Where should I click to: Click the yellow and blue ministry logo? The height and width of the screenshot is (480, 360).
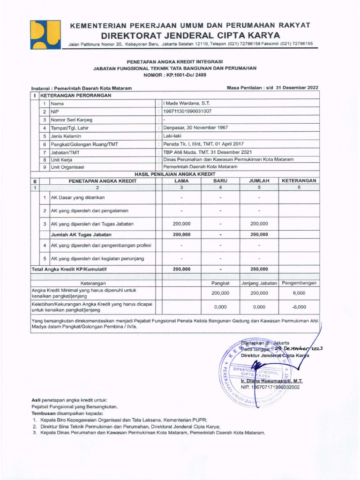pyautogui.click(x=45, y=34)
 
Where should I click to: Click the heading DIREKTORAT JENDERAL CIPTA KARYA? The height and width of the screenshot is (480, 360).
pyautogui.click(x=190, y=35)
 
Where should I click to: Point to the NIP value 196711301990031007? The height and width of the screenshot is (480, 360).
pyautogui.click(x=187, y=112)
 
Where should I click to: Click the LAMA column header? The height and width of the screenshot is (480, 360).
pyautogui.click(x=181, y=180)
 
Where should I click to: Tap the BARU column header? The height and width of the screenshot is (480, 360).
pyautogui.click(x=220, y=180)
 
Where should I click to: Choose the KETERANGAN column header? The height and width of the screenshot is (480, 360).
pyautogui.click(x=299, y=180)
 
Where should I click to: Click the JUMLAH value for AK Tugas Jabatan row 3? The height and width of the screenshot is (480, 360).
pyautogui.click(x=259, y=224)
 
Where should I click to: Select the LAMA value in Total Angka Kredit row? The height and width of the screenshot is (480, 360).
pyautogui.click(x=181, y=269)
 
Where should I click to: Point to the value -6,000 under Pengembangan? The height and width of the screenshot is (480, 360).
pyautogui.click(x=299, y=307)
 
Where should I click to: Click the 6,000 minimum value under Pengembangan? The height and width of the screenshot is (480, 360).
pyautogui.click(x=299, y=292)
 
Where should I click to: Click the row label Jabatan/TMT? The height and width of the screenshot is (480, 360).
pyautogui.click(x=65, y=152)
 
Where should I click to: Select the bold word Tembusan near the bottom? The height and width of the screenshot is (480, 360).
pyautogui.click(x=43, y=414)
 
